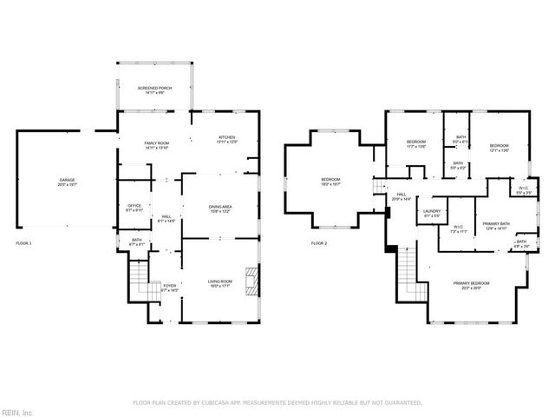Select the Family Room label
(x=156, y=145)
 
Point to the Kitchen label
(x=226, y=140)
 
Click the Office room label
(x=134, y=208)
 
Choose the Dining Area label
(x=220, y=208)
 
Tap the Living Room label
(x=219, y=284)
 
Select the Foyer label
(x=169, y=288)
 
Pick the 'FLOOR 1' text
(x=23, y=243)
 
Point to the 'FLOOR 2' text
(x=319, y=243)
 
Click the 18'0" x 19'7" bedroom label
(x=330, y=182)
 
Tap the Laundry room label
(x=432, y=213)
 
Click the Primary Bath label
(x=495, y=226)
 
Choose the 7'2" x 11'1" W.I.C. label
(x=459, y=230)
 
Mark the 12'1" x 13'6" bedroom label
(x=498, y=148)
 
